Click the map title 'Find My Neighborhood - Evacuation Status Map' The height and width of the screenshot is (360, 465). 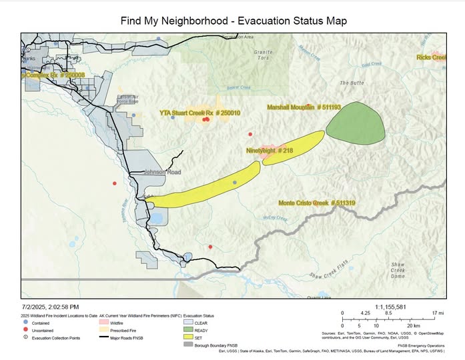234,21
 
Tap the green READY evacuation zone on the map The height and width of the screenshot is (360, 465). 358,123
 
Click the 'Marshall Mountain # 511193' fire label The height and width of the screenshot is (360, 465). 304,107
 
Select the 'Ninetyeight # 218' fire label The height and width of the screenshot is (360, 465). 270,151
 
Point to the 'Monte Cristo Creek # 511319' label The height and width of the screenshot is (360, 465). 316,203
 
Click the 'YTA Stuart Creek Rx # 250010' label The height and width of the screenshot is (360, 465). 199,113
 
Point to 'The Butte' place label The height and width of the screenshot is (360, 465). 352,83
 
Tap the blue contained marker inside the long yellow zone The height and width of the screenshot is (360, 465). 234,182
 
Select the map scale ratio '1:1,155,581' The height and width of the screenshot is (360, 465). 393,307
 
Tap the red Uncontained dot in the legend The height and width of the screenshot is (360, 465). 25,329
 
